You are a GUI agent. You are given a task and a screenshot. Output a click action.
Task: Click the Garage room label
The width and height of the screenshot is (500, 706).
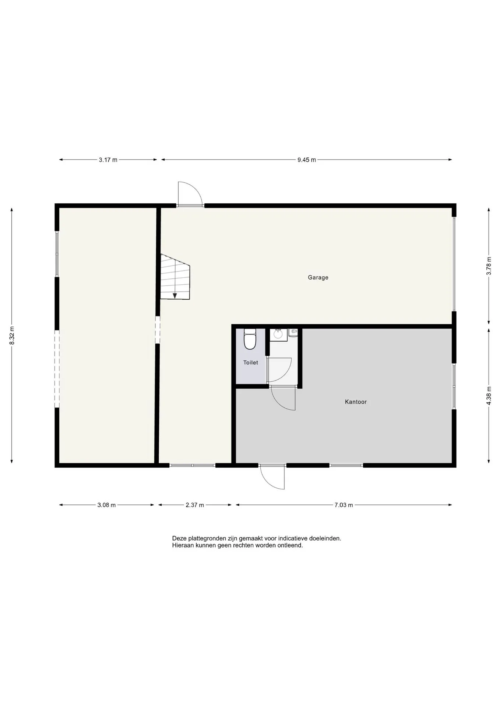(318, 278)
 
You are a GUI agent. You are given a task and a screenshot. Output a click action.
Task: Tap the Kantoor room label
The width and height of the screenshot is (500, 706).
(356, 402)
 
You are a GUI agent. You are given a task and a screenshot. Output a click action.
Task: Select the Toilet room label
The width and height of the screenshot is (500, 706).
(251, 363)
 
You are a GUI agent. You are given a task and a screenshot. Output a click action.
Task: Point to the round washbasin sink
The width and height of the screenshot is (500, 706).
(278, 334)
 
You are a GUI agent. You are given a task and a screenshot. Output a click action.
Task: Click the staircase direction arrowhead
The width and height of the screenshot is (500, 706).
(175, 295)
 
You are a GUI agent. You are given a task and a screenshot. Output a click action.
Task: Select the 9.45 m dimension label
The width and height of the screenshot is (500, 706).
(307, 160)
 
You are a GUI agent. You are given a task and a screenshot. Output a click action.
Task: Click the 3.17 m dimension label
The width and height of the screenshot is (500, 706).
(108, 160)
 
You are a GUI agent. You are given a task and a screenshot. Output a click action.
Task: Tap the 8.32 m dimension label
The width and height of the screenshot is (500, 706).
(12, 335)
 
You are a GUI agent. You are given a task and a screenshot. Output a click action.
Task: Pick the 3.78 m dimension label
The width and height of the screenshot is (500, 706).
(489, 266)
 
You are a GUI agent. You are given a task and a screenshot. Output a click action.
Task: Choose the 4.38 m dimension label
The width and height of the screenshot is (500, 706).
(489, 396)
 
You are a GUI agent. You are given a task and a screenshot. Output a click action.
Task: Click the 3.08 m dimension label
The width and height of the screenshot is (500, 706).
(106, 505)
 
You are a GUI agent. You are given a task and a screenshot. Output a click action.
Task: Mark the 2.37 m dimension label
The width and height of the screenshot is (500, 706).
(195, 505)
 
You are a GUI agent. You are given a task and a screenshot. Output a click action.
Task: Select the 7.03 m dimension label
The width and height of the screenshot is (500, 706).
(344, 505)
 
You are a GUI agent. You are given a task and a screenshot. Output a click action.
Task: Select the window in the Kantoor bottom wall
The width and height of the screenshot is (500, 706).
(346, 465)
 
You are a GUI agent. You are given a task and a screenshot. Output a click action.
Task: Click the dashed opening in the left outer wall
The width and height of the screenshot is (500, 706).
(57, 369)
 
